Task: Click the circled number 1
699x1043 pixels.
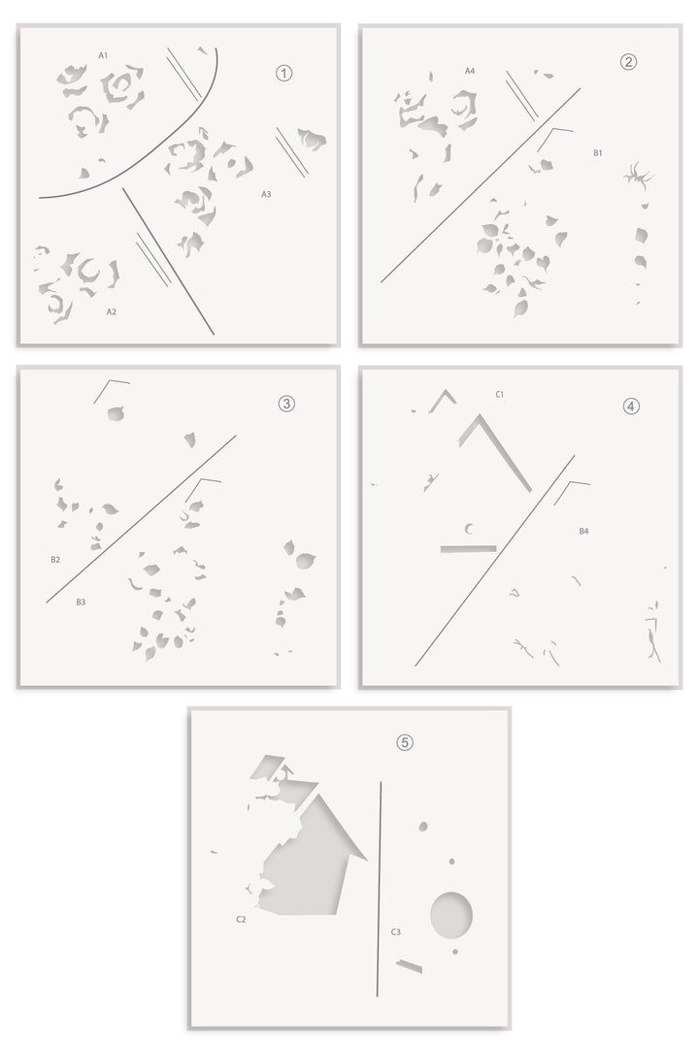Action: tap(284, 73)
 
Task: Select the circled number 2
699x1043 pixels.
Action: tap(628, 62)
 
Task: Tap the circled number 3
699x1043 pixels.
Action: tap(286, 403)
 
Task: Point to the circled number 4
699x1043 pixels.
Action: tap(631, 406)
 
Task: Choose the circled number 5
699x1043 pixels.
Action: tap(405, 741)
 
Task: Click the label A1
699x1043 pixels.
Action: tap(103, 55)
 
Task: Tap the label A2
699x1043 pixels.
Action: tap(112, 311)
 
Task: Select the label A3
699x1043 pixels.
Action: tap(266, 194)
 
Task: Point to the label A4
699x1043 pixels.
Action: tap(470, 71)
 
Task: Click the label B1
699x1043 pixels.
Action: tap(598, 153)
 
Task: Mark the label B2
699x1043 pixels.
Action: tap(55, 560)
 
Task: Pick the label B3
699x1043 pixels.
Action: tap(81, 602)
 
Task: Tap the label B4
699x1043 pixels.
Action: tap(583, 531)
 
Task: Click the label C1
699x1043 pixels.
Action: tap(499, 395)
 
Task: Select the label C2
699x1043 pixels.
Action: tap(241, 919)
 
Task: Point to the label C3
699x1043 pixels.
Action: tap(395, 932)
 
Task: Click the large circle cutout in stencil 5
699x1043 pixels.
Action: tap(451, 915)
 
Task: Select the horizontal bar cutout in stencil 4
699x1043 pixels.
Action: tap(468, 549)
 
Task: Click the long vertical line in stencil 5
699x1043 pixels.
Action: tap(379, 889)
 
